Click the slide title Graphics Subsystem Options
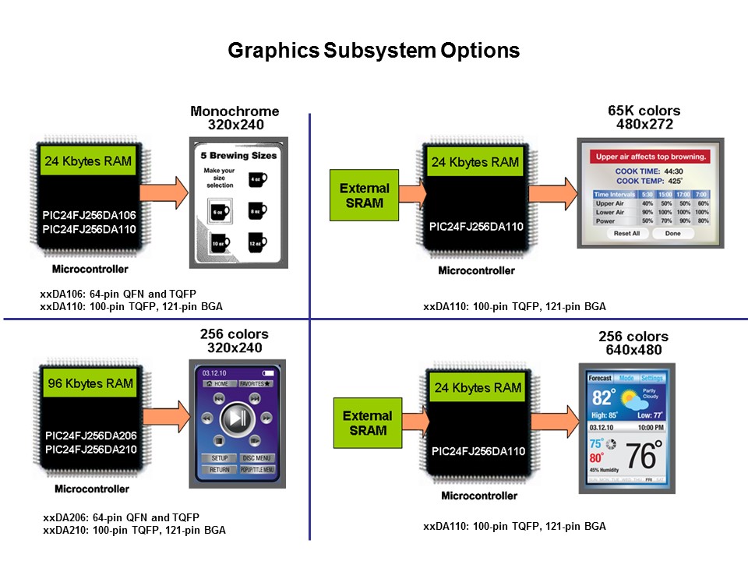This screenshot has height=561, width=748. coord(373,51)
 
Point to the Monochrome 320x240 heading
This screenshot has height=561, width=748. coord(235,118)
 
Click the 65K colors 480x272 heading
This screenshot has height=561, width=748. coord(644,118)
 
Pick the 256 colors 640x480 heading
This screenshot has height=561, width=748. coord(633,343)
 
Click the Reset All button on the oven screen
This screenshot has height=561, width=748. coord(626,234)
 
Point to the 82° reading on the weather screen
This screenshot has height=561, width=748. coord(604,398)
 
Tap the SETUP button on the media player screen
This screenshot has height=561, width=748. coord(220,458)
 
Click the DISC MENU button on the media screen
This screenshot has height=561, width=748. coord(257,458)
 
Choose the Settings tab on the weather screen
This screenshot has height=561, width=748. coord(651,379)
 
